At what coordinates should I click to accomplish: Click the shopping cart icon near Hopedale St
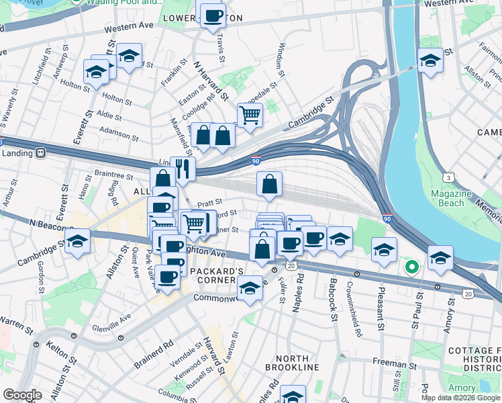click(250, 115)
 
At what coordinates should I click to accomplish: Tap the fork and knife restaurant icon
click(183, 169)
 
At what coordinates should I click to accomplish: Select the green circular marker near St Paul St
click(411, 267)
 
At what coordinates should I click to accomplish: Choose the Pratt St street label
click(209, 201)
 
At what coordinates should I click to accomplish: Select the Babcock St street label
click(332, 289)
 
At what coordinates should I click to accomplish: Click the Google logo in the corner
click(22, 395)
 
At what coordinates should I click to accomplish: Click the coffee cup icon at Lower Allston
click(213, 15)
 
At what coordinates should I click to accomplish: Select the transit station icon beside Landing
click(41, 152)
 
